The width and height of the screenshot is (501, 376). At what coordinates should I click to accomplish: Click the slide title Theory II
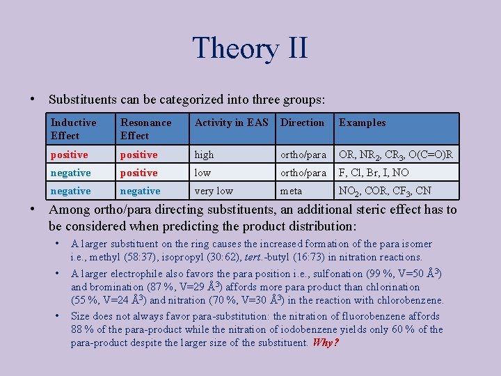coord(250,49)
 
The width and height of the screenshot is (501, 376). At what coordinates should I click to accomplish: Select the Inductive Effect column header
coord(74,129)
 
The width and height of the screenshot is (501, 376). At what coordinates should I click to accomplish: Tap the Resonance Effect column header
coord(145,129)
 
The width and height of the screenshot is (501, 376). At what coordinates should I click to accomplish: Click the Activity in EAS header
coord(231,123)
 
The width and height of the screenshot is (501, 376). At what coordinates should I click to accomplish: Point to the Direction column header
coord(302,123)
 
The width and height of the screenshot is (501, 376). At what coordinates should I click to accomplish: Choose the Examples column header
coord(362,123)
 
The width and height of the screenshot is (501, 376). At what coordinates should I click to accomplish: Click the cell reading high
coord(205,155)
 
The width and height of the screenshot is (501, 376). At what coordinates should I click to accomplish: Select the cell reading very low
coord(214,191)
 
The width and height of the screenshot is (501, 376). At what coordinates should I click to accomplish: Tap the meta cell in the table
coord(291,191)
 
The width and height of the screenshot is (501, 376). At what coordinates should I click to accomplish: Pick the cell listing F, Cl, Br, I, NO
coord(375,173)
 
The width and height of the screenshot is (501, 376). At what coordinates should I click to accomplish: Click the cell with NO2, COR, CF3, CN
coord(385,191)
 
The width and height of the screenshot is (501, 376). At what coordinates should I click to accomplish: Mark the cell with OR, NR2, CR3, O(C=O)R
coord(396,155)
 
